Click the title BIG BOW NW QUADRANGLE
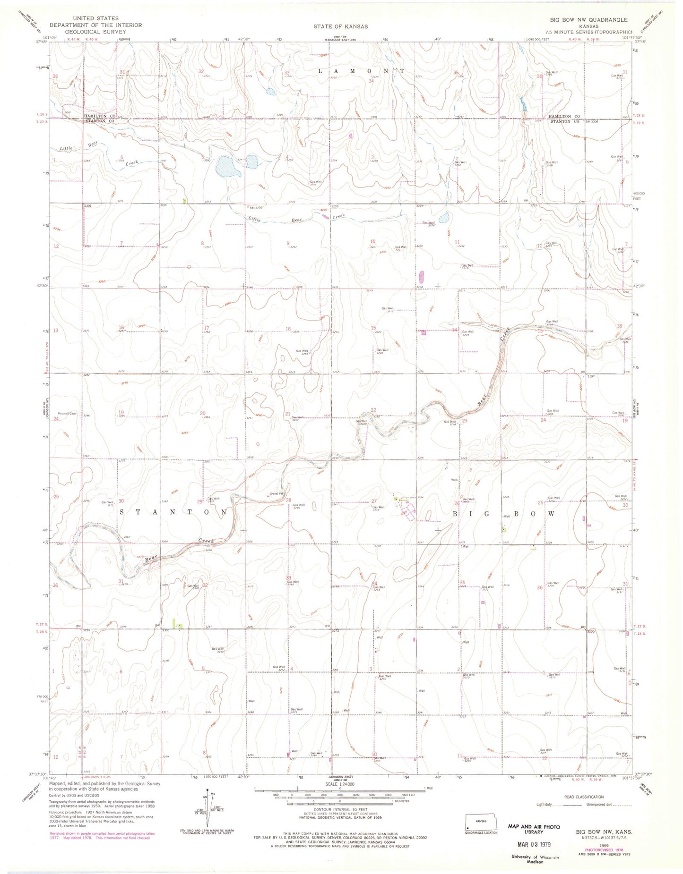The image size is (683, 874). [x=588, y=20]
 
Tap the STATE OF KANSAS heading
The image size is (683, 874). [x=340, y=26]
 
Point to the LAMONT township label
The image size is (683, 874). [x=361, y=71]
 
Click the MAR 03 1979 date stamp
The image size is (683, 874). [x=535, y=843]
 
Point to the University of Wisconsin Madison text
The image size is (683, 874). [x=534, y=859]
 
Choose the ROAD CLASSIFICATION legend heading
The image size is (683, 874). [x=584, y=797]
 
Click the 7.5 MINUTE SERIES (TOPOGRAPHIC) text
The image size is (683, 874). [x=588, y=32]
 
